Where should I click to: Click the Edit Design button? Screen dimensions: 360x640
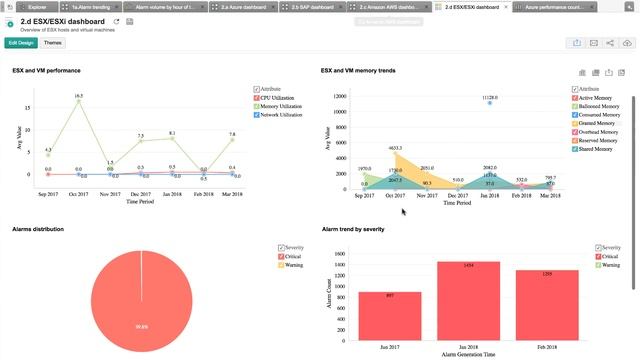point(20,43)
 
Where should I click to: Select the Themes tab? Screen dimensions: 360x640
point(53,43)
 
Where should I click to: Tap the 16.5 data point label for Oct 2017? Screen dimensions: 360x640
point(78,96)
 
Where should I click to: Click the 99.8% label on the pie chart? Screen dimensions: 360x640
point(141,325)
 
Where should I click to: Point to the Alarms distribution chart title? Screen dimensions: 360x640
point(39,229)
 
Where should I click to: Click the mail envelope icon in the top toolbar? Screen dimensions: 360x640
point(593,43)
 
